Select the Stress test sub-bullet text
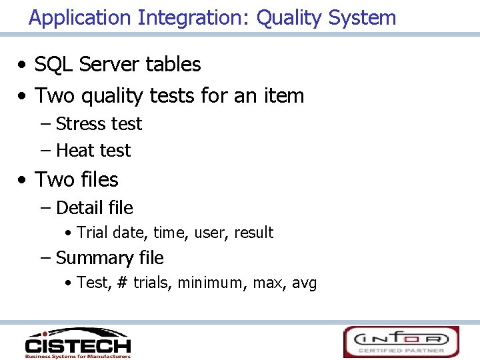pos(99,124)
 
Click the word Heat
pos(75,151)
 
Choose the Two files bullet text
pos(76,180)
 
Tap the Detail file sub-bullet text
pos(95,208)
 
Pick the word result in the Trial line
pos(253,233)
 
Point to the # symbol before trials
pos(122,283)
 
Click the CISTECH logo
pos(77,342)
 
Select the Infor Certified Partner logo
pos(401,341)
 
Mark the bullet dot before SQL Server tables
pos(23,65)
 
